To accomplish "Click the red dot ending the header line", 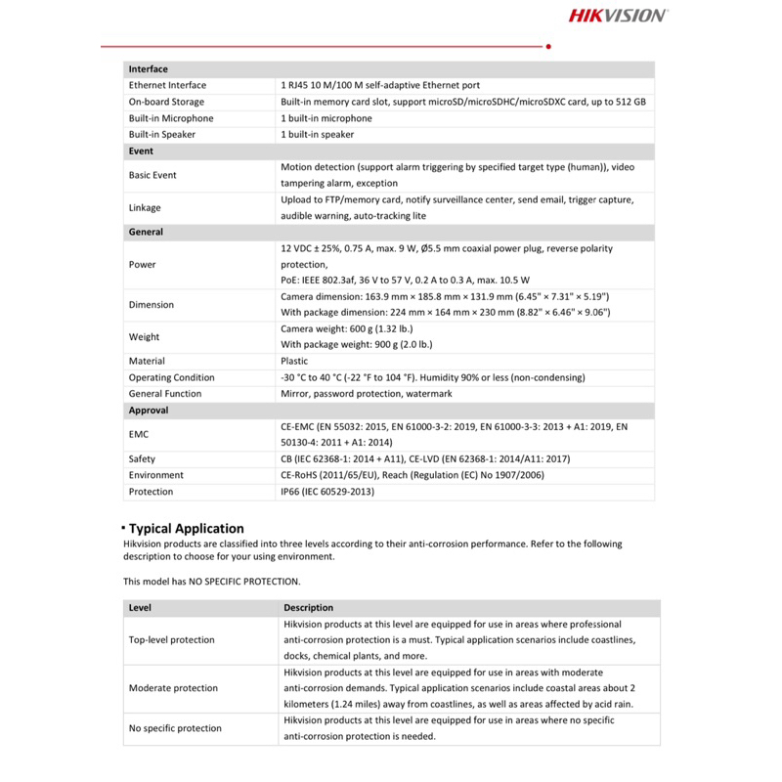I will click(548, 46).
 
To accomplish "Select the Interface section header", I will click(149, 69).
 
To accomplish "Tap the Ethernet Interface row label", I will click(167, 86).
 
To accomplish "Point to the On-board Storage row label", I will click(166, 102).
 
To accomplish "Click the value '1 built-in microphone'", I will click(326, 118).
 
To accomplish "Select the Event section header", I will click(141, 152).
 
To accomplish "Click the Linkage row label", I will click(145, 208).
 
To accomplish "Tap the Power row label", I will click(142, 265).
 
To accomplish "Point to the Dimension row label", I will click(152, 305).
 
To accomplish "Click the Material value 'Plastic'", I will click(294, 361).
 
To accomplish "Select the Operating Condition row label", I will click(171, 377).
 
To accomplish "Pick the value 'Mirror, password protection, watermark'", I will click(367, 394).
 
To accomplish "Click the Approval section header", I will click(149, 411).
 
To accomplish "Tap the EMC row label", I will click(139, 434).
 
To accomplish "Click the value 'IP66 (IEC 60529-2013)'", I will click(327, 492).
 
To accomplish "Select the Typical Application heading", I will click(187, 529).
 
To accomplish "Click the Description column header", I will click(308, 608).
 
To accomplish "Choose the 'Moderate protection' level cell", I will click(173, 688).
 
